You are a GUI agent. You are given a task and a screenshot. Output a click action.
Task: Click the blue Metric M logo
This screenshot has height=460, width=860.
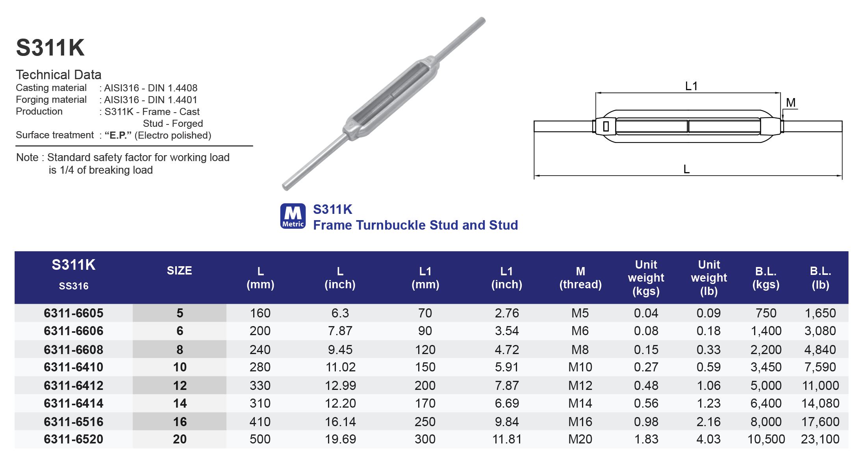pyautogui.click(x=293, y=216)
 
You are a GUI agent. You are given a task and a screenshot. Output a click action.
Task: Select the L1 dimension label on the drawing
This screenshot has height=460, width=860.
pyautogui.click(x=691, y=86)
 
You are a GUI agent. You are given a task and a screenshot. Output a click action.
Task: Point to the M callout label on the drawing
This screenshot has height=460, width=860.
pyautogui.click(x=791, y=103)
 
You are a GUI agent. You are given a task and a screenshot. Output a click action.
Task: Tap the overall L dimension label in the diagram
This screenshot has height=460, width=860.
pyautogui.click(x=686, y=169)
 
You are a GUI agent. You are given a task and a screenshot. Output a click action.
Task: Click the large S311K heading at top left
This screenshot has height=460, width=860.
pyautogui.click(x=50, y=48)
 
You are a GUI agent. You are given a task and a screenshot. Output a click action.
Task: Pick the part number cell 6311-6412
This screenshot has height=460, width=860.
pyautogui.click(x=74, y=386)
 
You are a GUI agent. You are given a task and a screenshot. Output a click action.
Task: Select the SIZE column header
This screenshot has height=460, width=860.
pyautogui.click(x=179, y=271)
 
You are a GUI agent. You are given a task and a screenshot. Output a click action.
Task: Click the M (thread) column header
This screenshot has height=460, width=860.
pyautogui.click(x=580, y=278)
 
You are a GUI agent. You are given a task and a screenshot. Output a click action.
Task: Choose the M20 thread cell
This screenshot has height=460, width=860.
pyautogui.click(x=580, y=439)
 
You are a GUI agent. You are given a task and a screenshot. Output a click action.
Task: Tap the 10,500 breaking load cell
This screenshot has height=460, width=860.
pyautogui.click(x=766, y=439)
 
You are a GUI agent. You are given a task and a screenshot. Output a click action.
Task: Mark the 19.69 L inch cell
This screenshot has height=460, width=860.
pyautogui.click(x=340, y=439)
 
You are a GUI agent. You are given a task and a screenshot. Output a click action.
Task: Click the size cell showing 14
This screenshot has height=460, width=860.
pyautogui.click(x=180, y=403)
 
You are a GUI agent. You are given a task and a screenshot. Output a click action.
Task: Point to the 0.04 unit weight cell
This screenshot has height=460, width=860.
pyautogui.click(x=646, y=313)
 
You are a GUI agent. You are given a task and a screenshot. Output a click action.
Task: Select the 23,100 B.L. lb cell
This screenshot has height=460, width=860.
pyautogui.click(x=820, y=439)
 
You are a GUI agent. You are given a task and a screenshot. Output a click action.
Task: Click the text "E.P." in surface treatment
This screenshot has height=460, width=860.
pyautogui.click(x=118, y=135)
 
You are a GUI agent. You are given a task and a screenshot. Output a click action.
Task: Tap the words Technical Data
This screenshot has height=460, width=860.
pyautogui.click(x=59, y=75)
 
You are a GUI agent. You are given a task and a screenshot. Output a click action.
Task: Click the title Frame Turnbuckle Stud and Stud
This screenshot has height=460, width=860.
pyautogui.click(x=415, y=225)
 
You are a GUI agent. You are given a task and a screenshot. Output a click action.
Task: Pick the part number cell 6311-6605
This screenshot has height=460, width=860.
pyautogui.click(x=74, y=313)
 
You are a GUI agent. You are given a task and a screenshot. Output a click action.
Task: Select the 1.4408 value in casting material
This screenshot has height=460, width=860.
pyautogui.click(x=182, y=88)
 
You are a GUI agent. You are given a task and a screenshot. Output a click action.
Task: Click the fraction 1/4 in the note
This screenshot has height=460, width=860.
pyautogui.click(x=67, y=170)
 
